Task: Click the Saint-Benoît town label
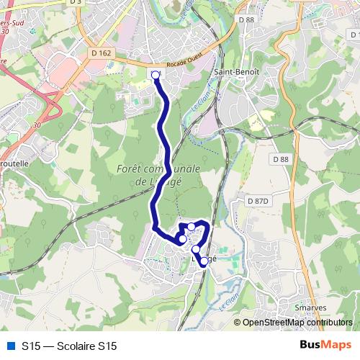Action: tap(233, 73)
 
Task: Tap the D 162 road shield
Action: tap(102, 53)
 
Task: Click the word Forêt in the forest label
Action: tap(131, 168)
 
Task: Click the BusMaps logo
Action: tap(325, 346)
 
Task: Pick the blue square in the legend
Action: tap(10, 346)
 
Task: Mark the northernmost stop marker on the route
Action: tap(156, 74)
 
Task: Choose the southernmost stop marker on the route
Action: tap(204, 261)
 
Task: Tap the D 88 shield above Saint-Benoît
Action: tap(249, 19)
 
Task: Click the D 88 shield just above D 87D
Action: tap(280, 158)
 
